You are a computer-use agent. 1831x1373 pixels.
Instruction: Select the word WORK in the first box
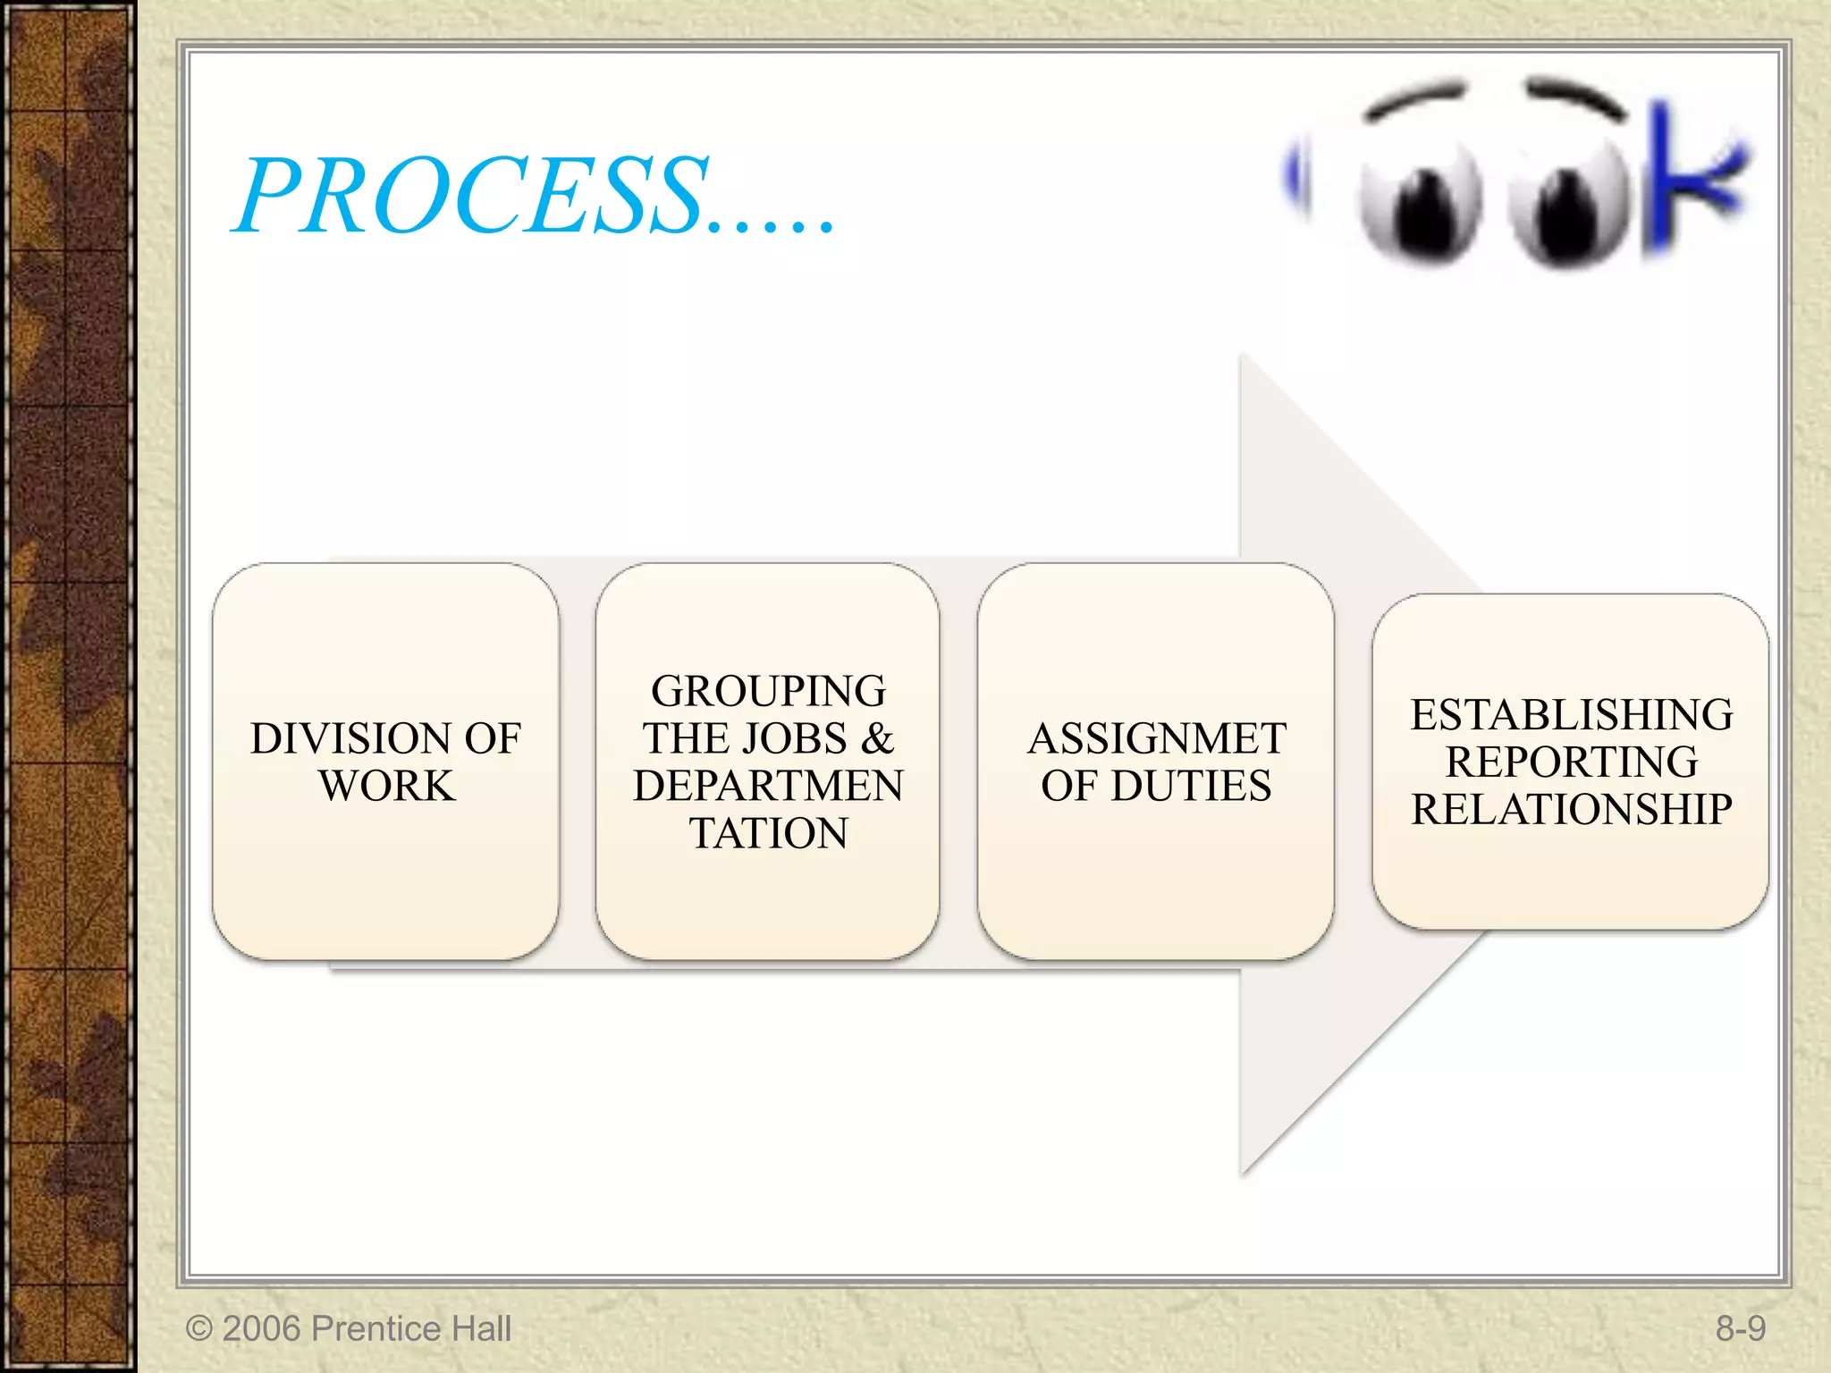coord(387,787)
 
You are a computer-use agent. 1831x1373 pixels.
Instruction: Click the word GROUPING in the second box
coord(768,692)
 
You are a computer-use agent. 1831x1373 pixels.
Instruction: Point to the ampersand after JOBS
coord(877,739)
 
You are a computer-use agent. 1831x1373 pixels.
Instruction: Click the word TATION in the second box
coord(768,834)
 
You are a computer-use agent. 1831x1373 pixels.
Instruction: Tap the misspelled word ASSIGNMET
coord(1156,739)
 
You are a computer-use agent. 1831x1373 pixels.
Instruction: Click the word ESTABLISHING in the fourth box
coord(1571,715)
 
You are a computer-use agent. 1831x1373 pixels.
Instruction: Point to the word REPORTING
coord(1571,762)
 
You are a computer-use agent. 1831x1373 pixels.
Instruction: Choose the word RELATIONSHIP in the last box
coord(1571,810)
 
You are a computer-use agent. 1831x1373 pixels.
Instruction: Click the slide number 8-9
coord(1740,1329)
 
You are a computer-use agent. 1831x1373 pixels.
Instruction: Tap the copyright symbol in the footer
coord(198,1329)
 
